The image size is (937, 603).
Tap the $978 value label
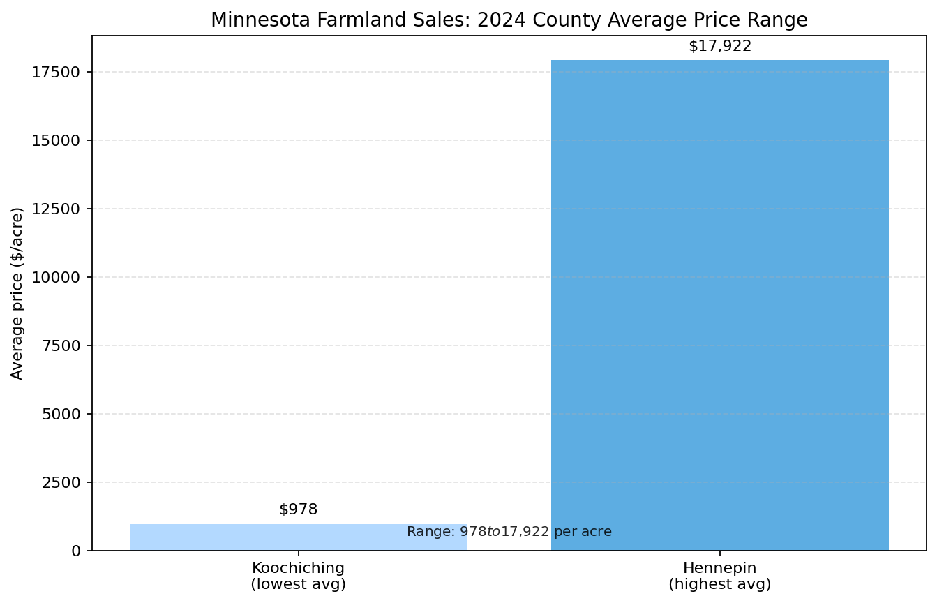pyautogui.click(x=298, y=509)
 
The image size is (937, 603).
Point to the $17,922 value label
pyautogui.click(x=719, y=46)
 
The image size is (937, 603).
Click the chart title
pyautogui.click(x=509, y=20)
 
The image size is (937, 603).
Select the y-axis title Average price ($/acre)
pyautogui.click(x=17, y=293)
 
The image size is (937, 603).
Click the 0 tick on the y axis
pyautogui.click(x=77, y=551)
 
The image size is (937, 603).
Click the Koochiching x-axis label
pyautogui.click(x=298, y=567)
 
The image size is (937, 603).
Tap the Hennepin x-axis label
pyautogui.click(x=719, y=567)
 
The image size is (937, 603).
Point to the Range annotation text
pyautogui.click(x=509, y=532)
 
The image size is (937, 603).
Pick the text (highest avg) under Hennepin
pyautogui.click(x=719, y=584)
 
